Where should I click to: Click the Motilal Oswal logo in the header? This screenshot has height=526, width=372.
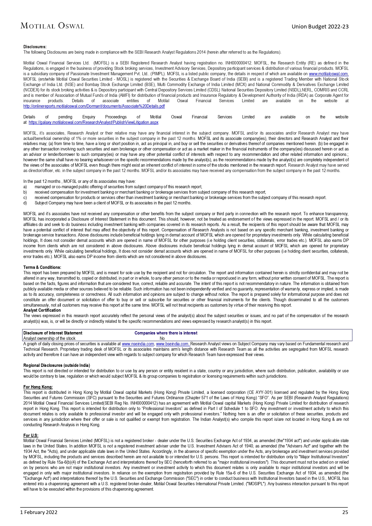click(x=52, y=26)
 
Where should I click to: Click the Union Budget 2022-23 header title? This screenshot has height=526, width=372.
click(x=320, y=27)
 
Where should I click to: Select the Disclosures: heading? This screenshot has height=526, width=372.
click(x=35, y=47)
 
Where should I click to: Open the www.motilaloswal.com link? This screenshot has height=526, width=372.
click(x=329, y=74)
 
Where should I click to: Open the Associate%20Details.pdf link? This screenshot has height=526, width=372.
click(x=94, y=106)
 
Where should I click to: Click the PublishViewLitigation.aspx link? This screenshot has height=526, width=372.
click(x=94, y=122)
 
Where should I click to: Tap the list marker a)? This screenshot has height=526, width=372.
click(x=25, y=187)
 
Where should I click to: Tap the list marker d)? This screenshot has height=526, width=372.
click(x=25, y=203)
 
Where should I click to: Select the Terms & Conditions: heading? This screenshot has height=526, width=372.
click(x=42, y=267)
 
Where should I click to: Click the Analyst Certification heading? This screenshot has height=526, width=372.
click(x=42, y=310)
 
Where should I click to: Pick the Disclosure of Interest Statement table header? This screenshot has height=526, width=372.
click(x=53, y=333)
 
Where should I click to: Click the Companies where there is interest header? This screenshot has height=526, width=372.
click(x=166, y=333)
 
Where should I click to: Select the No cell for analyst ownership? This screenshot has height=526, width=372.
click(x=162, y=338)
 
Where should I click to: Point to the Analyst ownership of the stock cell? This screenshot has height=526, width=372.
click(x=49, y=338)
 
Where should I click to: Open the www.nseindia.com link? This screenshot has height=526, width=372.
click(x=138, y=344)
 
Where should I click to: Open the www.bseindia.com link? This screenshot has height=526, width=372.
click(x=173, y=344)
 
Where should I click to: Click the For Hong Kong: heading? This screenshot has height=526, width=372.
click(x=38, y=387)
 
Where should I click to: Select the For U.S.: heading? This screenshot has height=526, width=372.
click(x=31, y=435)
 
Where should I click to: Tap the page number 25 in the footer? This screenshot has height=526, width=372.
click(x=345, y=512)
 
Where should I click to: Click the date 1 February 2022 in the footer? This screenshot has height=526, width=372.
click(x=39, y=512)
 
